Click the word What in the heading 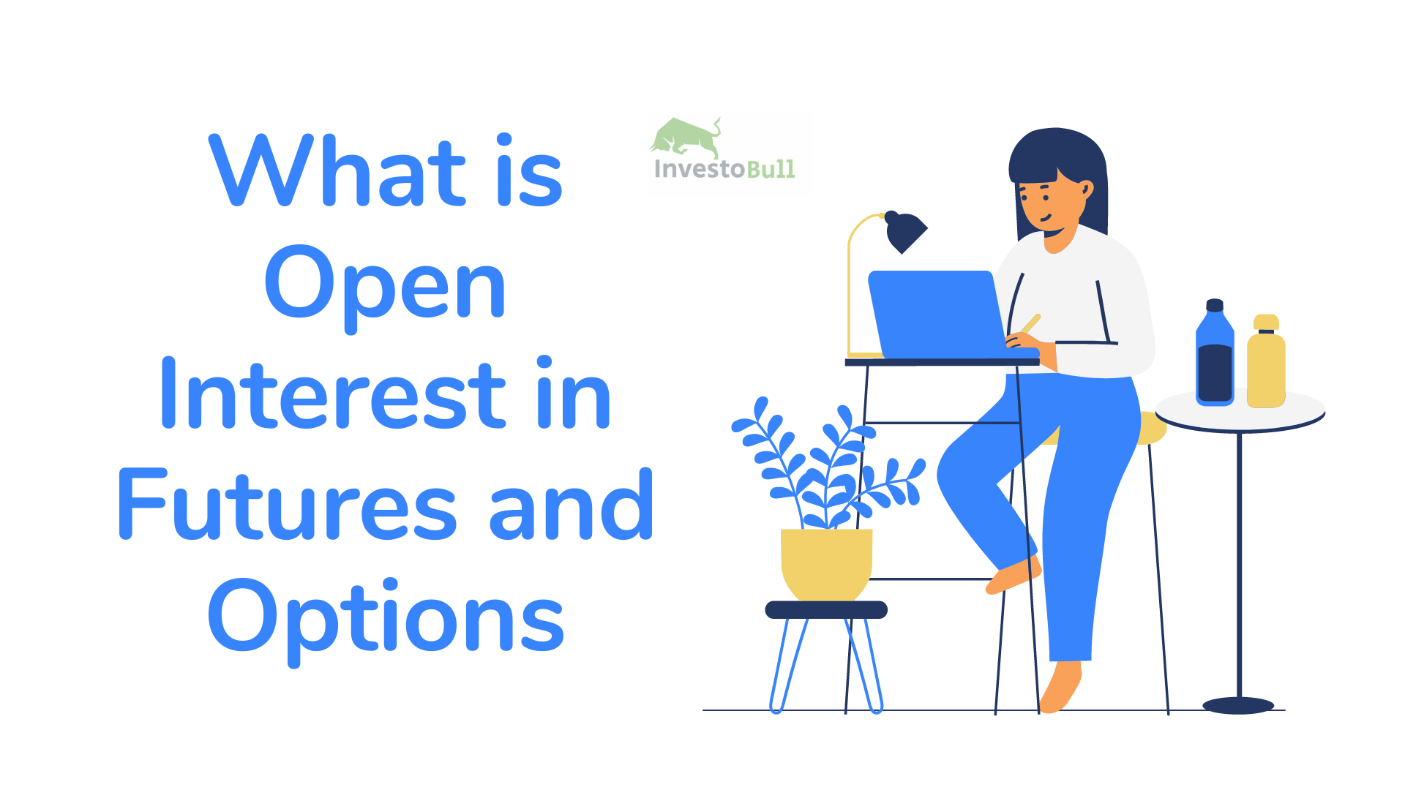pos(337,172)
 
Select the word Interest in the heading pos(333,395)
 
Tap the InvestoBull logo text pos(724,169)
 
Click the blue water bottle pos(1215,355)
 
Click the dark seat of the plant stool pos(826,609)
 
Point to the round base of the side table pos(1238,705)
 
